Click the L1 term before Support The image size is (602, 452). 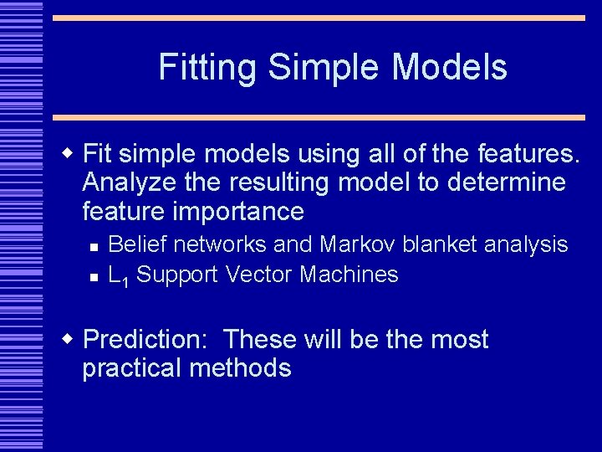[x=118, y=275]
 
